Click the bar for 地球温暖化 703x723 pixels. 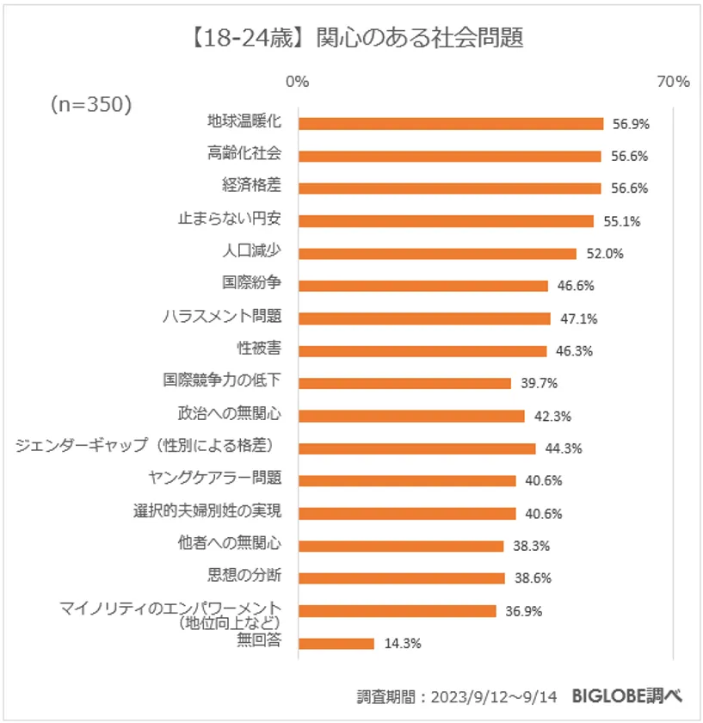pyautogui.click(x=450, y=123)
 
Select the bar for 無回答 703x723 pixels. pyautogui.click(x=336, y=643)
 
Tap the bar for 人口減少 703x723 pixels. pyautogui.click(x=437, y=253)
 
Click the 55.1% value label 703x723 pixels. pyautogui.click(x=621, y=221)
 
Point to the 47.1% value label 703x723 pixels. pyautogui.click(x=578, y=318)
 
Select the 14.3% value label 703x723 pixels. pyautogui.click(x=402, y=643)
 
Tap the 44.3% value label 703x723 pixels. pyautogui.click(x=564, y=448)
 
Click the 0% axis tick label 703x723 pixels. pyautogui.click(x=297, y=82)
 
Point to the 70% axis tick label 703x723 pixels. pyautogui.click(x=673, y=82)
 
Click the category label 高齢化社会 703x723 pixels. pyautogui.click(x=244, y=154)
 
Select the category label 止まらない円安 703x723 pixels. pyautogui.click(x=230, y=219)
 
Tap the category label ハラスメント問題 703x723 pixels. pyautogui.click(x=222, y=316)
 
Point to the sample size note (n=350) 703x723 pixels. pyautogui.click(x=91, y=104)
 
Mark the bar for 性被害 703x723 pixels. pyautogui.click(x=422, y=350)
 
